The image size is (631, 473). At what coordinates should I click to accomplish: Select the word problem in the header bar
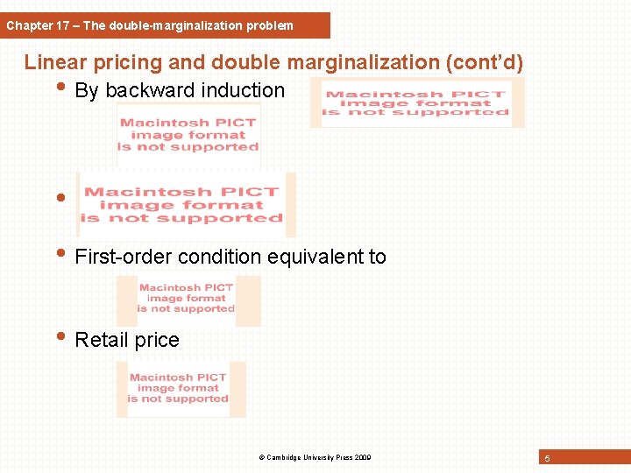coord(272,25)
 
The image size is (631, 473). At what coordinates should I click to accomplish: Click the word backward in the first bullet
coord(147,90)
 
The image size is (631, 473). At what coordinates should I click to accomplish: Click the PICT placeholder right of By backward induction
coord(417,102)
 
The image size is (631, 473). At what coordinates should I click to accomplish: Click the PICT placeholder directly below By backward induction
coord(188,135)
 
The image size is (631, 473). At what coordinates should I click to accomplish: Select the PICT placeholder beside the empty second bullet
coord(187,204)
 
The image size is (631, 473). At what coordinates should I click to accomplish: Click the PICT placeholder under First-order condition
coord(188,300)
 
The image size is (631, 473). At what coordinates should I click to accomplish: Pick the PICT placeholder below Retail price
coord(180,388)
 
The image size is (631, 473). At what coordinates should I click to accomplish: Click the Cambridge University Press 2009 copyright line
coord(315,458)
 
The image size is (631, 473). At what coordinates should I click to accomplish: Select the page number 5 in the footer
coord(547,459)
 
